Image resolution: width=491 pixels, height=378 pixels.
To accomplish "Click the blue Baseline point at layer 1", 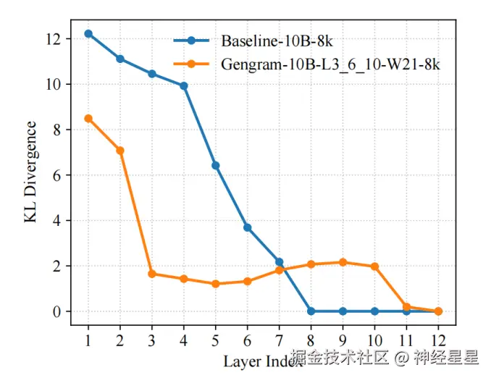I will (88, 33).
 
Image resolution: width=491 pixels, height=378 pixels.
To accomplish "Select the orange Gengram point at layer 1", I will (88, 118).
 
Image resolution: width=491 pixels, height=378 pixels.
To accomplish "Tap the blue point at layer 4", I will (184, 85).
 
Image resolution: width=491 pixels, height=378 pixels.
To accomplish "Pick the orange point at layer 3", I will (152, 274).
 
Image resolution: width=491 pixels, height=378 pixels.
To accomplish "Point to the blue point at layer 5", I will (216, 166).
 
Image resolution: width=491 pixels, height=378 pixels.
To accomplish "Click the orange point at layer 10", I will (374, 266).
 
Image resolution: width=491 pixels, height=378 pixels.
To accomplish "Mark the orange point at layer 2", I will (120, 151).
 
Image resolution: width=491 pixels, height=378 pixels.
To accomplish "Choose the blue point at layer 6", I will (248, 227).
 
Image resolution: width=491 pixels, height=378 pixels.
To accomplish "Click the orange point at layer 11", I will (406, 307).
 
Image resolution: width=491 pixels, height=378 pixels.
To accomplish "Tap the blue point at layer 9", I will (343, 311).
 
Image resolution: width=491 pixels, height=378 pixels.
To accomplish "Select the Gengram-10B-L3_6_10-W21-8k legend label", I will (330, 64).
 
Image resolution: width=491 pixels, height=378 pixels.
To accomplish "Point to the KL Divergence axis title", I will (32, 172).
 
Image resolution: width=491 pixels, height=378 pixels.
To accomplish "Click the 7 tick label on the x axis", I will (279, 340).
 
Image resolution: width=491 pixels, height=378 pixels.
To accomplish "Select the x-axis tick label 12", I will (437, 340).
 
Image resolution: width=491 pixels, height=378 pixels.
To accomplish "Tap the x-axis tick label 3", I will (152, 340).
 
